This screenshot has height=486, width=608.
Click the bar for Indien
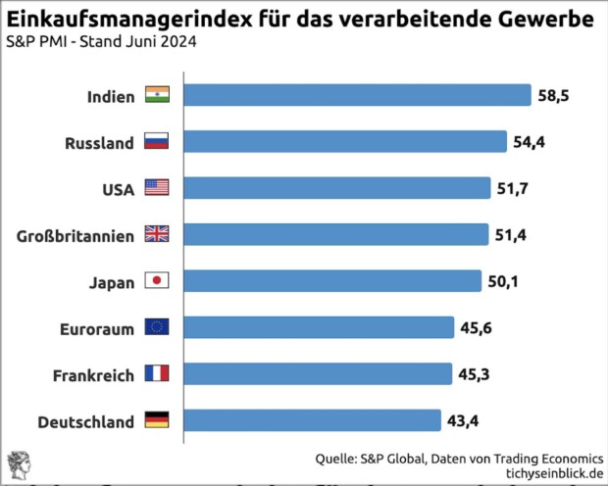[357, 95]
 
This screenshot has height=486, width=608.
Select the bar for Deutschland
[312, 421]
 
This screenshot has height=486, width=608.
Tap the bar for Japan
[332, 281]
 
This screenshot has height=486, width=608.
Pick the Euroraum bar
[319, 328]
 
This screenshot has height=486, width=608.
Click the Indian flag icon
[157, 95]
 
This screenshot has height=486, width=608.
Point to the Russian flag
[157, 142]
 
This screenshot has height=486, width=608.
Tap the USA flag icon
[157, 188]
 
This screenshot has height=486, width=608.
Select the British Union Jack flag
[157, 235]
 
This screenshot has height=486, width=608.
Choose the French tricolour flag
[157, 374]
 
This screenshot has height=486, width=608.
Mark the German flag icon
[157, 421]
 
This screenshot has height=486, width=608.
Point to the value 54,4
[529, 142]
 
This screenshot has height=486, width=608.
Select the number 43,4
[463, 421]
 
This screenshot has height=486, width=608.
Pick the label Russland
[99, 143]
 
